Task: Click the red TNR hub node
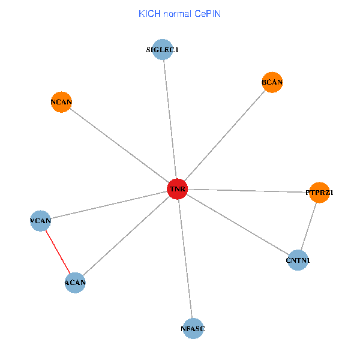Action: coord(177,189)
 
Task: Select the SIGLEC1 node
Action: coord(163,50)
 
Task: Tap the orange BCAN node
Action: coord(272,82)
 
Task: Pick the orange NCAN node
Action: coord(61,102)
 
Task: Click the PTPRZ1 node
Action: coord(319,193)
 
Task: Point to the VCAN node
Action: coord(40,221)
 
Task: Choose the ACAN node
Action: coord(75,282)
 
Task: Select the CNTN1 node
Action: coord(298,260)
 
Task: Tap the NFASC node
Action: coord(193,328)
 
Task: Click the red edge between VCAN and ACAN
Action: coord(58,251)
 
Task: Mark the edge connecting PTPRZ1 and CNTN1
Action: coord(309,226)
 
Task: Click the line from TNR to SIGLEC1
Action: coord(170,119)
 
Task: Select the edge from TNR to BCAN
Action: coord(224,136)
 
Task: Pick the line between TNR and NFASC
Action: coord(185,259)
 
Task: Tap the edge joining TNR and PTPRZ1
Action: coord(248,191)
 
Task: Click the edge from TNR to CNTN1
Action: coord(238,224)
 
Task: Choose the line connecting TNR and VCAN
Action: coord(109,205)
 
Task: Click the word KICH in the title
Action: coord(148,13)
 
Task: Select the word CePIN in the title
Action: coord(206,13)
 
